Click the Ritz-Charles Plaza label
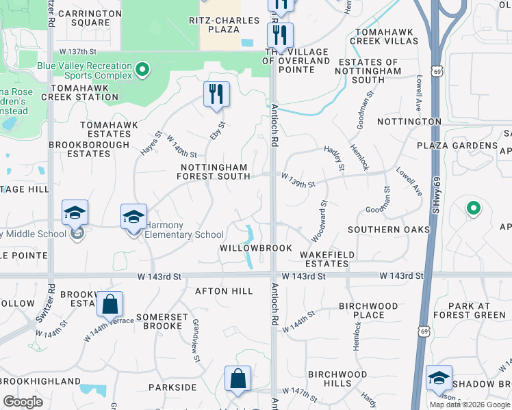[223, 25]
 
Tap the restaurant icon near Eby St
[216, 94]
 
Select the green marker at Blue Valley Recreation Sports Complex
[142, 68]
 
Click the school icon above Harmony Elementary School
[133, 217]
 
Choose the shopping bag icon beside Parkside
[238, 379]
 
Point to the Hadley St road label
[336, 157]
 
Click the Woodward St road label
[320, 220]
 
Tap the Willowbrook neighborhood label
[256, 247]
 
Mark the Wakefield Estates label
[327, 259]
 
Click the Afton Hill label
[225, 290]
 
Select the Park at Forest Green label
[477, 310]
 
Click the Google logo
[23, 402]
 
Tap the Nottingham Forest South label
[214, 172]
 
